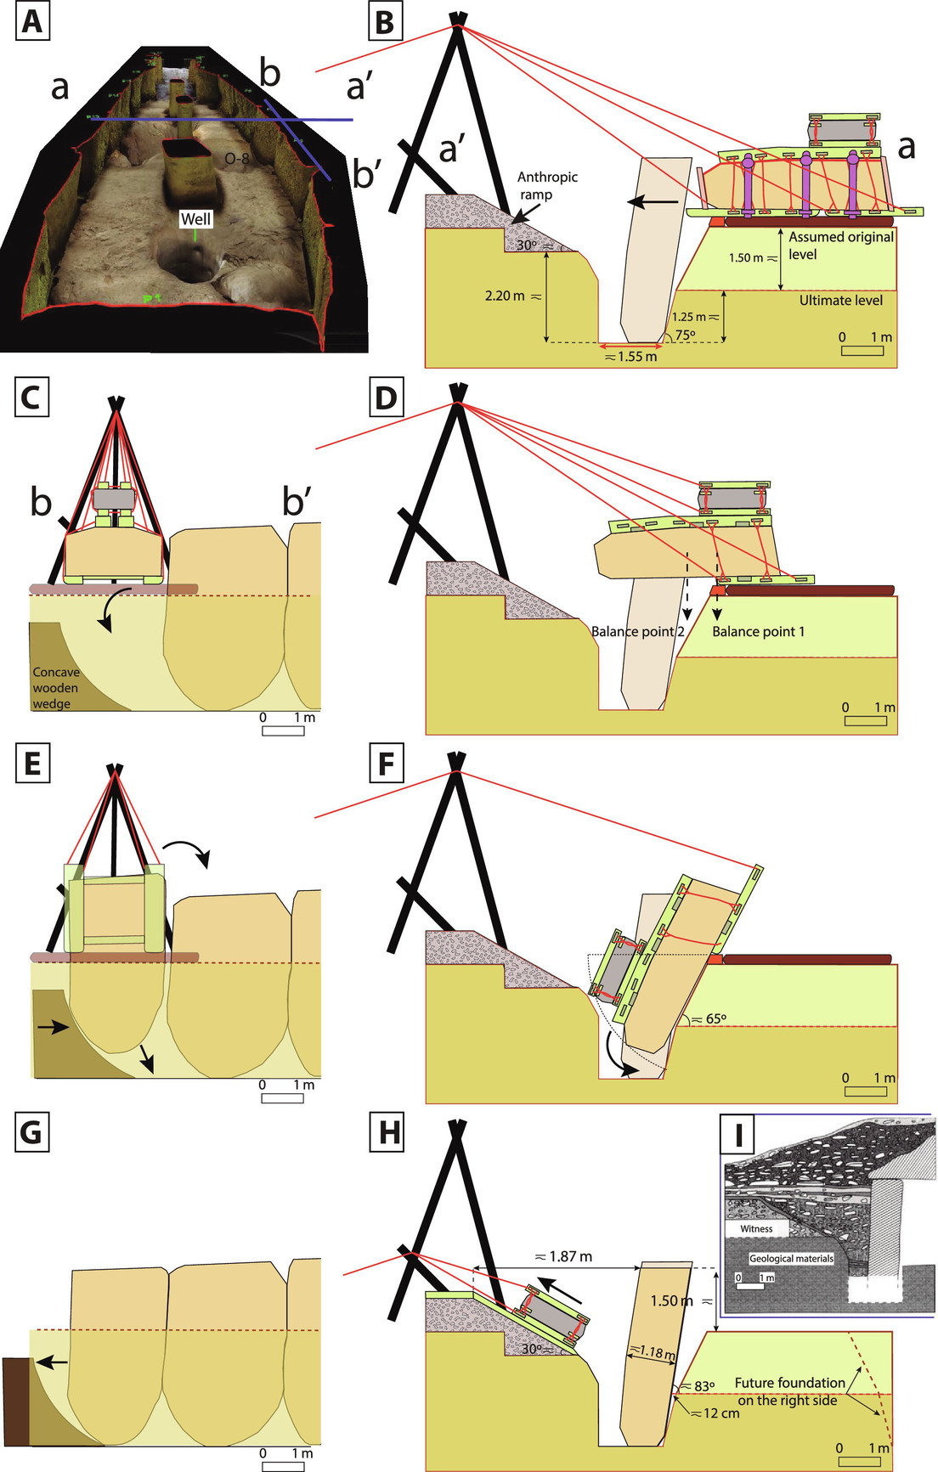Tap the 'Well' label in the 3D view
pos(195,219)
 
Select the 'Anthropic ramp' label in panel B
pos(547,185)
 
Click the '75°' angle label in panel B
pos(685,335)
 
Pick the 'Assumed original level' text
pos(840,245)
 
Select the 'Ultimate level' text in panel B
pos(840,300)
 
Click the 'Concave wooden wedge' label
pos(56,688)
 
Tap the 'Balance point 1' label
pos(758,631)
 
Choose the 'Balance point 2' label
pos(638,631)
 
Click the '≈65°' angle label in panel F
pos(709,1018)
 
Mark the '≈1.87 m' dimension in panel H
pos(563,1256)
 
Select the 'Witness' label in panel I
pos(756,1228)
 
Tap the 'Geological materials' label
pos(791,1258)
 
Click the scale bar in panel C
pos(283,730)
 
